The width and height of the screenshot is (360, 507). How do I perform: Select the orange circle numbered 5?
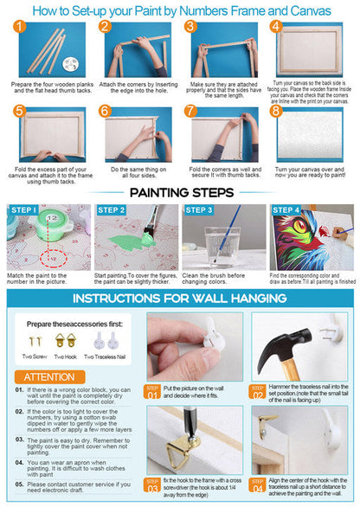click(17, 112)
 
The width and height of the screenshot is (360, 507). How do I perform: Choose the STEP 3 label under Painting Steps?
click(198, 210)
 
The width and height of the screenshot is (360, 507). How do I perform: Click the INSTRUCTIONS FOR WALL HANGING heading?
click(179, 298)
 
